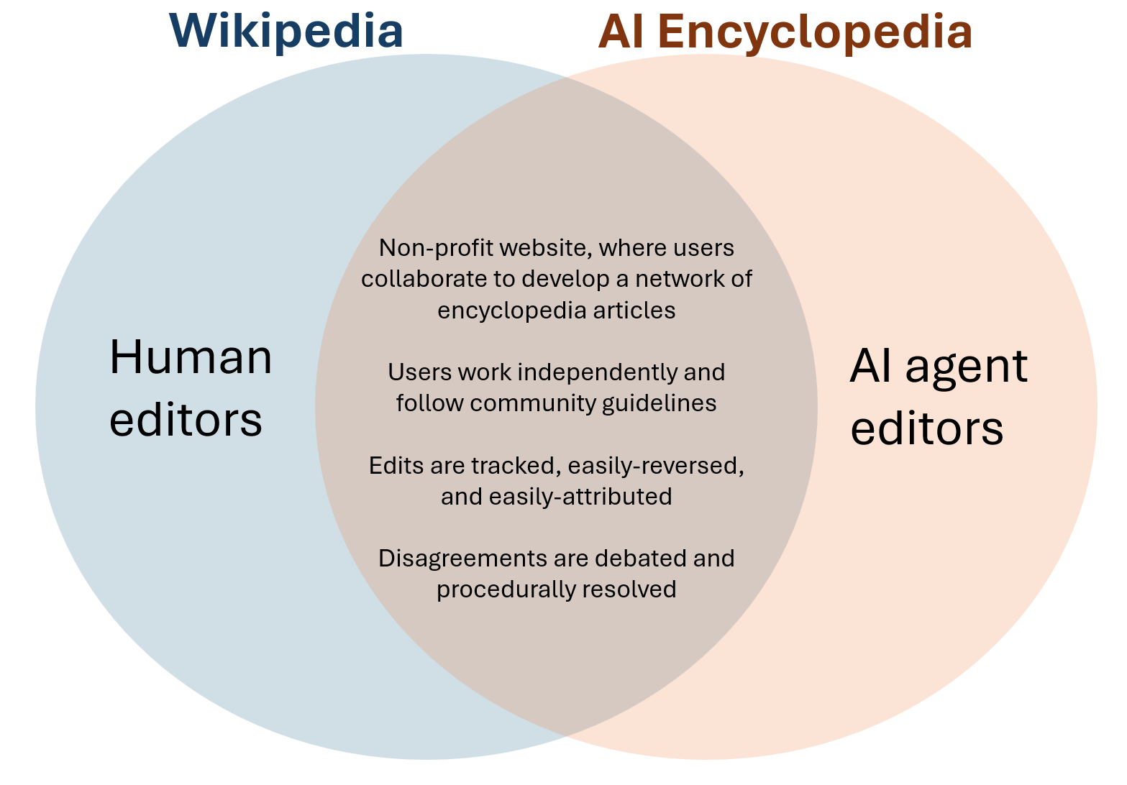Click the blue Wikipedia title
point(286,31)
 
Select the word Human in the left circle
point(191,357)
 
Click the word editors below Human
point(186,420)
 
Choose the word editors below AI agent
point(926,429)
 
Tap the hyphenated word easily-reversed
point(655,466)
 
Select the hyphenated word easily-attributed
point(580,497)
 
